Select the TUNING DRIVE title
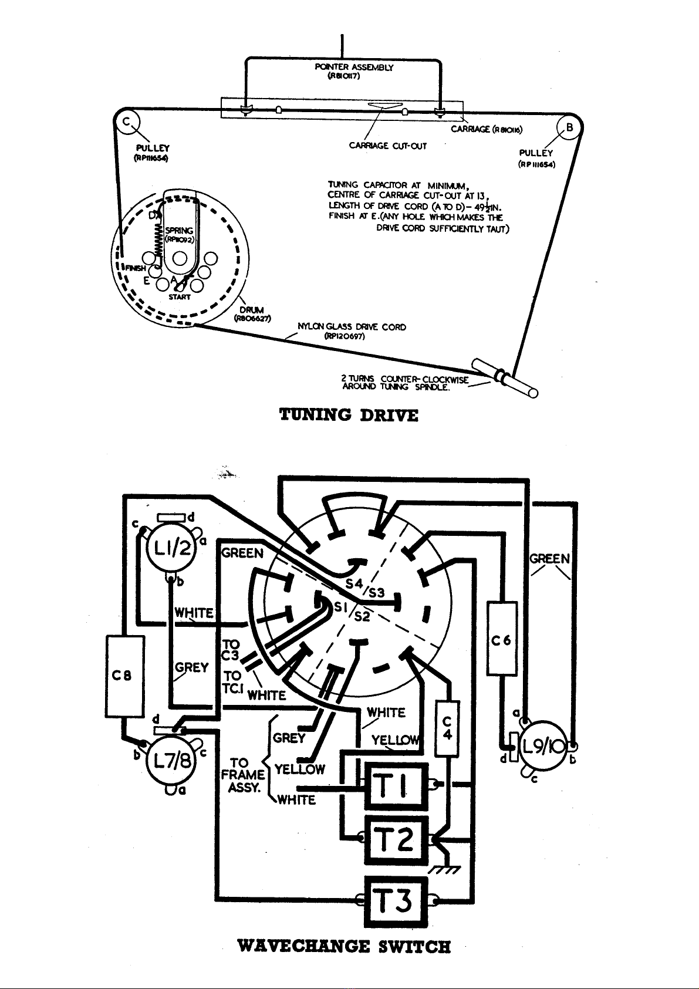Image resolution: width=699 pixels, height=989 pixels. point(349,416)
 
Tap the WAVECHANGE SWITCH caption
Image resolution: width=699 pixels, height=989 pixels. point(344,946)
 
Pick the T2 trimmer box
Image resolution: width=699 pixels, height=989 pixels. point(396,840)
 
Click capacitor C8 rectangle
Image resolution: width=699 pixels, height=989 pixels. point(125,676)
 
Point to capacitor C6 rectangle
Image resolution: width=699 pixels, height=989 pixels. point(502,637)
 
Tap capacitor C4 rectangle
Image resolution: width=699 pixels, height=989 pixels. point(447,728)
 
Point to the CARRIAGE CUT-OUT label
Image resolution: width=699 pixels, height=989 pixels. point(387,146)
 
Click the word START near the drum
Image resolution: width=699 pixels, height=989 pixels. point(179,297)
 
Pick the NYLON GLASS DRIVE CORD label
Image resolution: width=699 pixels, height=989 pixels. point(352,331)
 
